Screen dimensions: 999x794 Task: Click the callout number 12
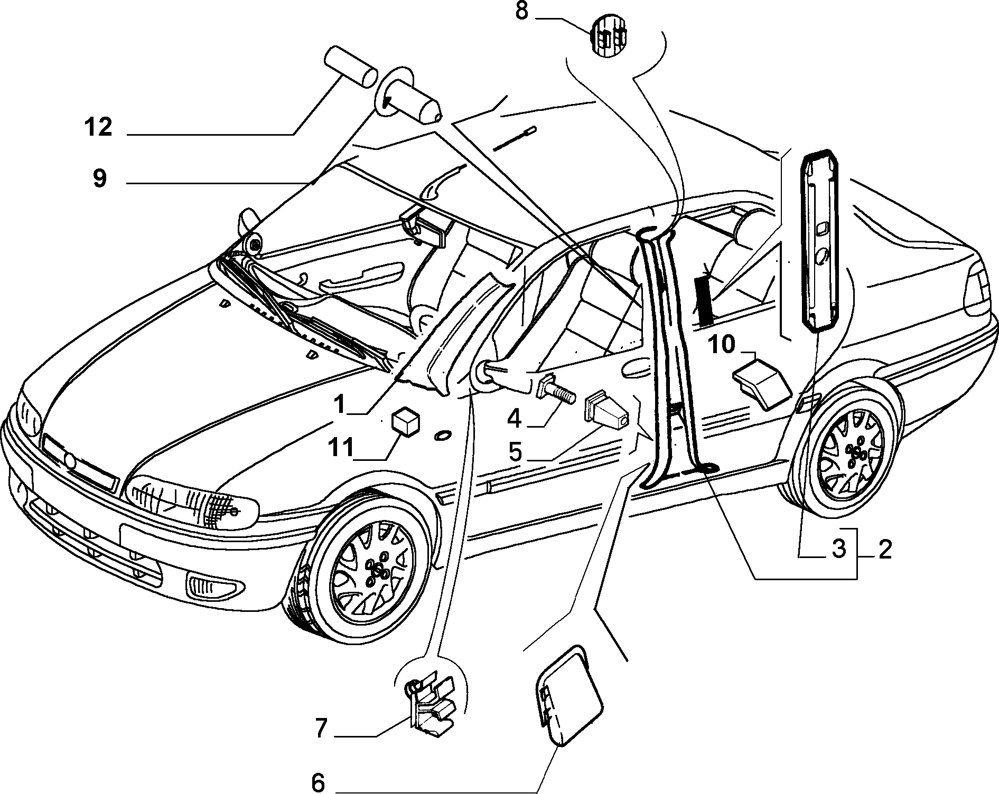click(x=98, y=127)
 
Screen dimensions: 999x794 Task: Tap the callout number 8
click(x=521, y=11)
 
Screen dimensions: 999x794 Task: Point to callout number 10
click(x=721, y=345)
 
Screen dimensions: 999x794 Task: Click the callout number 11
click(x=341, y=448)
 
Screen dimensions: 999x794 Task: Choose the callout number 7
click(x=322, y=729)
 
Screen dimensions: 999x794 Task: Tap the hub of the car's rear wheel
click(x=855, y=452)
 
